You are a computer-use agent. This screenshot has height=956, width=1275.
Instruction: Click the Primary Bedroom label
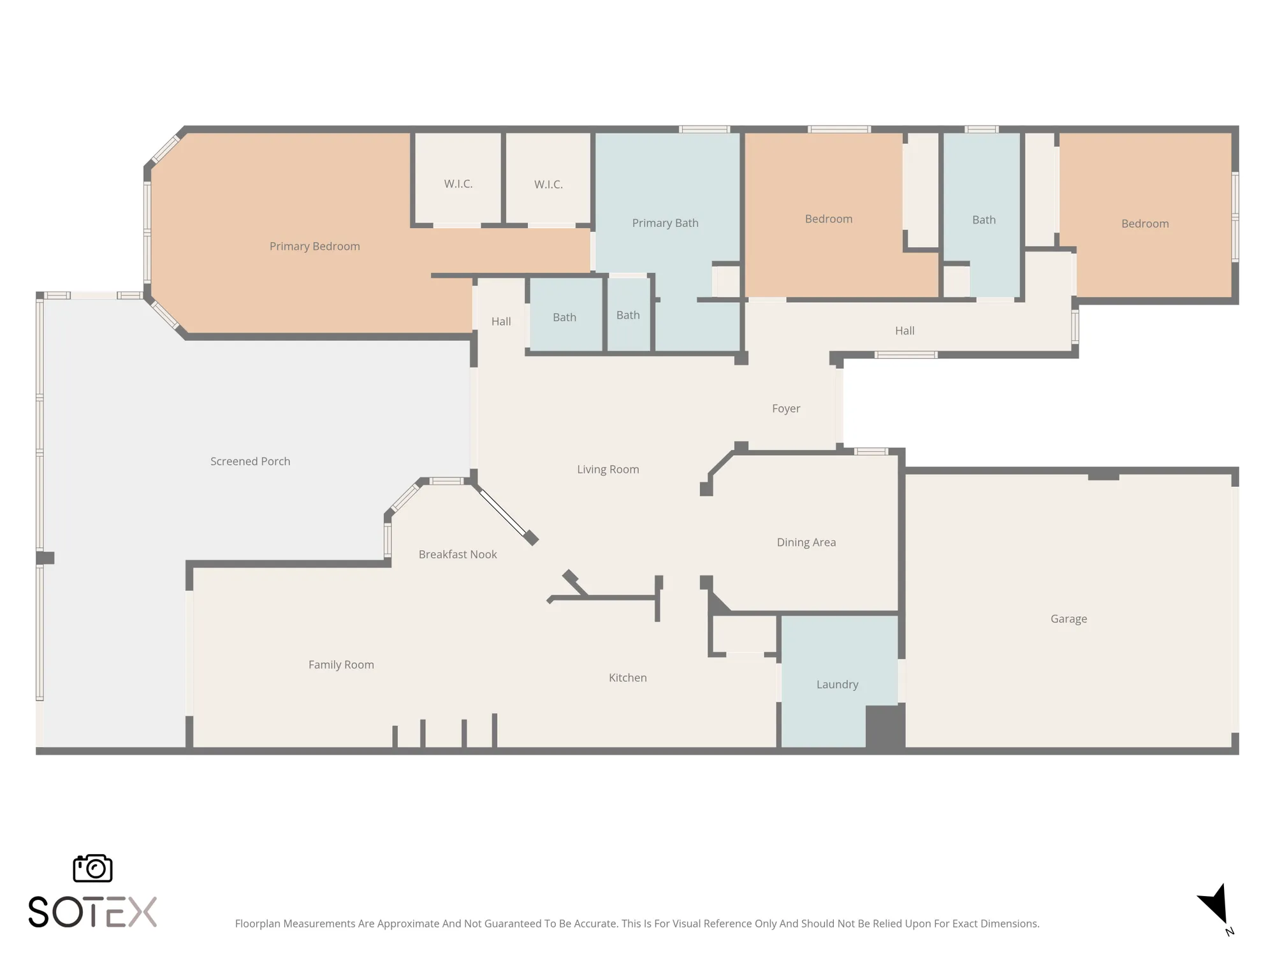314,246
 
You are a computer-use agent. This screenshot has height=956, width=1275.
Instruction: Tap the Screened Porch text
250,461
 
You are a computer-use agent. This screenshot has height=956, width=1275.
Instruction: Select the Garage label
1068,618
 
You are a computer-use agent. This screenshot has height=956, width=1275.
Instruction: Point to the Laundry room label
837,684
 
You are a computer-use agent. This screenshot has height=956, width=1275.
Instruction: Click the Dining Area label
806,542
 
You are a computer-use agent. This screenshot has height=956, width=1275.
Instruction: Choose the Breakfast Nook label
457,554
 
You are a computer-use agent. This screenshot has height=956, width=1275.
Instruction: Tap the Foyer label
785,408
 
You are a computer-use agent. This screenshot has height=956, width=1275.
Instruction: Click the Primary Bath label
665,222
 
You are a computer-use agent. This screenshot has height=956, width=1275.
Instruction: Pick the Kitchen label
627,677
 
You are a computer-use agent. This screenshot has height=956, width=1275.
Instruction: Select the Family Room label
341,664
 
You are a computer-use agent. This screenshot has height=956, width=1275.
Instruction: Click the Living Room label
608,469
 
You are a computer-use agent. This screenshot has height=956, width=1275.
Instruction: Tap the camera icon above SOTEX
92,868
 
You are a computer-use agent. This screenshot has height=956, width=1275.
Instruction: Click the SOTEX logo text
92,912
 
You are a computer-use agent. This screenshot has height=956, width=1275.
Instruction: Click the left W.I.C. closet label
458,184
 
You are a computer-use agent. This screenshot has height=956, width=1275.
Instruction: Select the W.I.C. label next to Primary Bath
548,184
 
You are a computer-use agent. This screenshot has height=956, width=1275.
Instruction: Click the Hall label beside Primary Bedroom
500,321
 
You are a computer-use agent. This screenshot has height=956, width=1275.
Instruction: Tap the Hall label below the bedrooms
904,330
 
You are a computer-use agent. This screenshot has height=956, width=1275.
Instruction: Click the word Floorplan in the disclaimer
258,923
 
